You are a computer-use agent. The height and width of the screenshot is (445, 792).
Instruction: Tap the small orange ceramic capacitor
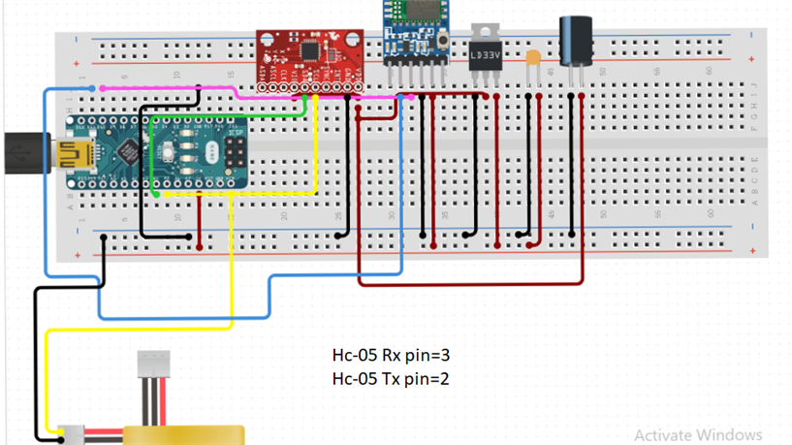(x=532, y=59)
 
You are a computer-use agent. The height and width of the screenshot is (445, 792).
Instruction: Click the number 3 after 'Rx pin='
(x=446, y=357)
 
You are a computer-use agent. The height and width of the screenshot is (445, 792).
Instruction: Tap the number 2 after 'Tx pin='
(x=444, y=378)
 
